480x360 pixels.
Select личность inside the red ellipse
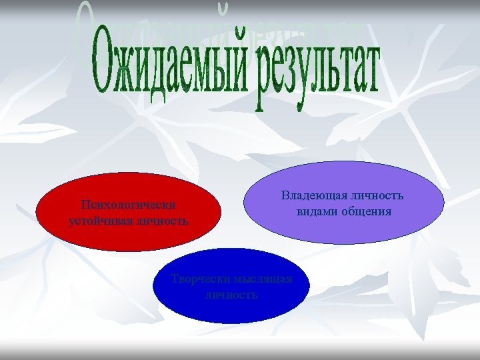159,220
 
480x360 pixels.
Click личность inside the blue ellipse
231,294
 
